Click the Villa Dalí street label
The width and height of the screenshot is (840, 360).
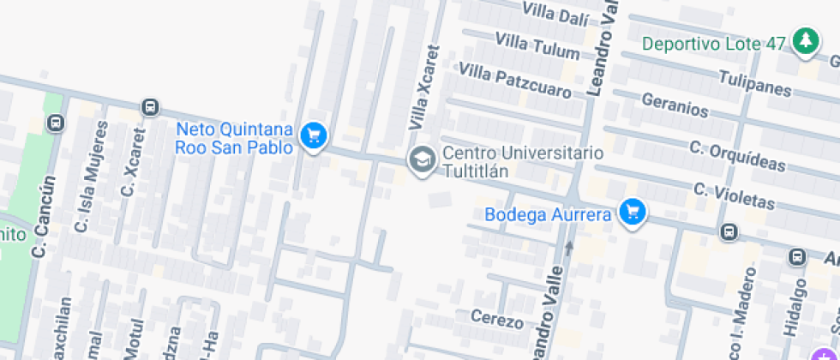pyautogui.click(x=555, y=15)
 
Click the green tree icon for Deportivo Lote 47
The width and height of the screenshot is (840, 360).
pyautogui.click(x=804, y=40)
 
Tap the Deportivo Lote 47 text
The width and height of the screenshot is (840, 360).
pyautogui.click(x=713, y=43)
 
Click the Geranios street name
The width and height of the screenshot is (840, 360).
pyautogui.click(x=675, y=106)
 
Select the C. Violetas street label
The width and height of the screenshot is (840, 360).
pyautogui.click(x=734, y=196)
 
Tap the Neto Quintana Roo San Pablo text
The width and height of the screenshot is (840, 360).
pyautogui.click(x=234, y=138)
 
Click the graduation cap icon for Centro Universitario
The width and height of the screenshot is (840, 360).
pyautogui.click(x=421, y=159)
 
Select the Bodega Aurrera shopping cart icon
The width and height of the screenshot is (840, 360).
pyautogui.click(x=633, y=212)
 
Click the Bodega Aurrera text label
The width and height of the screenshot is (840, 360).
pyautogui.click(x=548, y=214)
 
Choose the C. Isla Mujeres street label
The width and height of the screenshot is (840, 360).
pyautogui.click(x=92, y=177)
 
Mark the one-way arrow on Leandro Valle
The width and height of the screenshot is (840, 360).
pyautogui.click(x=567, y=248)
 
